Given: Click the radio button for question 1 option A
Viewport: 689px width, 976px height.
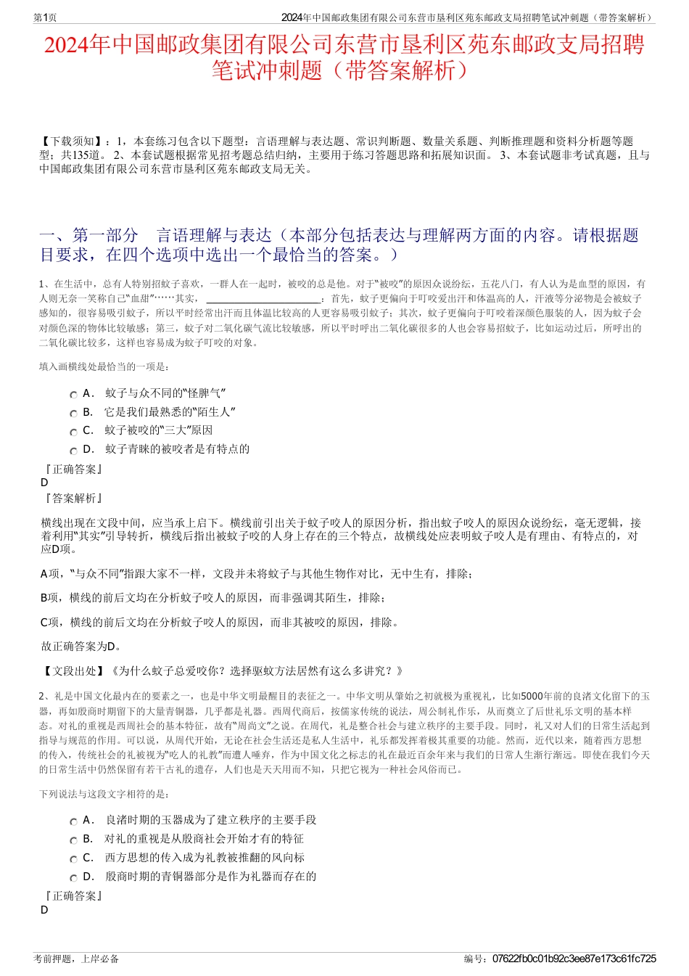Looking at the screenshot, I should tap(73, 395).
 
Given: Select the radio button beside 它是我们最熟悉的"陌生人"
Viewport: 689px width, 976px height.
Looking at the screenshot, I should tap(73, 414).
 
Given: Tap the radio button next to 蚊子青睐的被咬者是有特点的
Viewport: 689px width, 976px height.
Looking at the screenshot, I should tap(73, 451).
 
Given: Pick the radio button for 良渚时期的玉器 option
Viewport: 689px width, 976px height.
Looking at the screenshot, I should tap(73, 821).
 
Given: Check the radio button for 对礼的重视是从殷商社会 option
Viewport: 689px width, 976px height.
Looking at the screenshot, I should tap(73, 840).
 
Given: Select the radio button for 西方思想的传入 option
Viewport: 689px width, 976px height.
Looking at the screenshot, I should tap(73, 859).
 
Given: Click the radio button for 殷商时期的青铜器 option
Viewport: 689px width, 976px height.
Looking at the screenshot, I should tap(73, 878).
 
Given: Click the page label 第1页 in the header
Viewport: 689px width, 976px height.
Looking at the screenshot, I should tap(46, 17).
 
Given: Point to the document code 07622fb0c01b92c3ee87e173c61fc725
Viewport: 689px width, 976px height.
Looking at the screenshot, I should tap(574, 959).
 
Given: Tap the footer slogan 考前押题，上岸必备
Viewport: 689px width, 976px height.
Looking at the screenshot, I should tap(76, 959).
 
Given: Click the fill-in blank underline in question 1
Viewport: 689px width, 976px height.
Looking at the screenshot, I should tap(263, 298).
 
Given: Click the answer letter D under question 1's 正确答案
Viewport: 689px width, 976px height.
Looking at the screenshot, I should tap(44, 483).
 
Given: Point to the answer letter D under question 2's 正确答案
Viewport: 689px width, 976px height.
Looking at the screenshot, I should tap(44, 910).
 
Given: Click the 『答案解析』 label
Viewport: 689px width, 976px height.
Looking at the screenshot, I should tap(73, 499).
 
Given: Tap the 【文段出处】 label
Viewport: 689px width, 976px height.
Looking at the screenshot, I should tap(73, 671).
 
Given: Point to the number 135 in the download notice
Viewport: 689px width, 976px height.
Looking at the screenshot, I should tap(81, 155).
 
